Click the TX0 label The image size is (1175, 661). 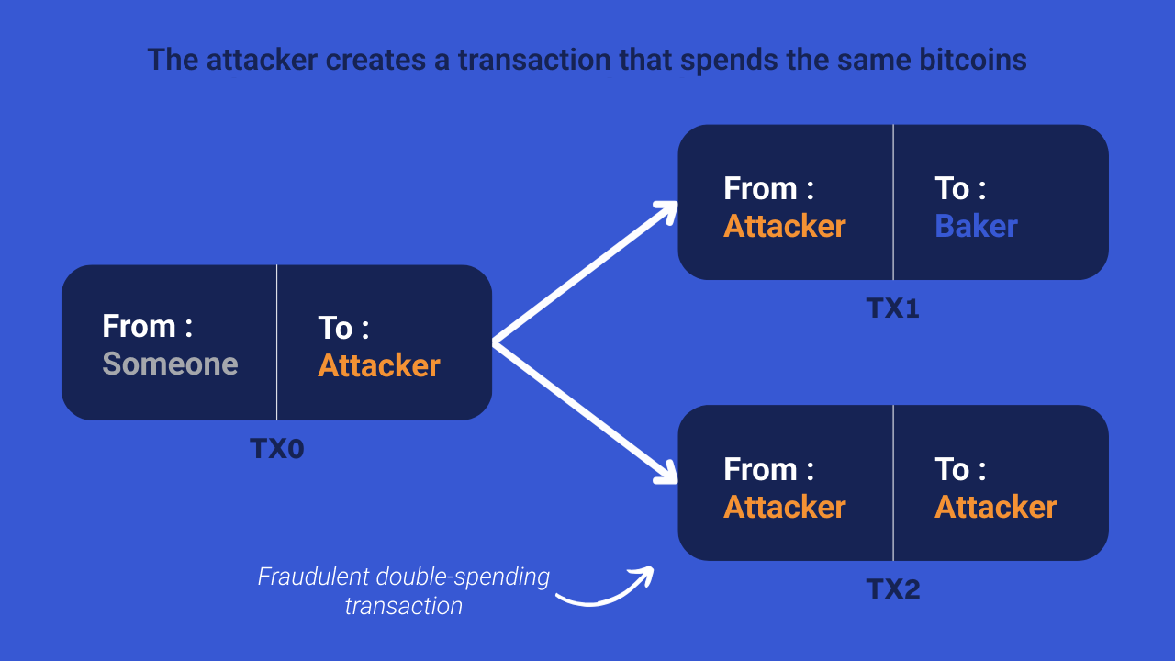tap(276, 449)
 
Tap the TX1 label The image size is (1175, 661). tap(892, 308)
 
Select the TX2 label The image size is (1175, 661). tap(892, 588)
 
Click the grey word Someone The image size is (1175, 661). tap(170, 364)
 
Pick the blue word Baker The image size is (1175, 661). tap(976, 226)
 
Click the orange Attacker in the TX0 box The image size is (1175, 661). tap(379, 365)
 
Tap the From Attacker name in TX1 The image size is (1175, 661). tap(784, 226)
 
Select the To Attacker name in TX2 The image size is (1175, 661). tap(996, 507)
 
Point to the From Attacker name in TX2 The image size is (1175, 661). tap(784, 507)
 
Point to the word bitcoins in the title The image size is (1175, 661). tap(973, 60)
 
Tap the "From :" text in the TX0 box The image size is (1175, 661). tap(147, 326)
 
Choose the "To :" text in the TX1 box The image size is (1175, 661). tap(960, 188)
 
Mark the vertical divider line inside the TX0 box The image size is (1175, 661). tap(276, 342)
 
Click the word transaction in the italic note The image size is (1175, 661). tap(403, 606)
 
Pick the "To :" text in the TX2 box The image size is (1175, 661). tap(960, 469)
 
